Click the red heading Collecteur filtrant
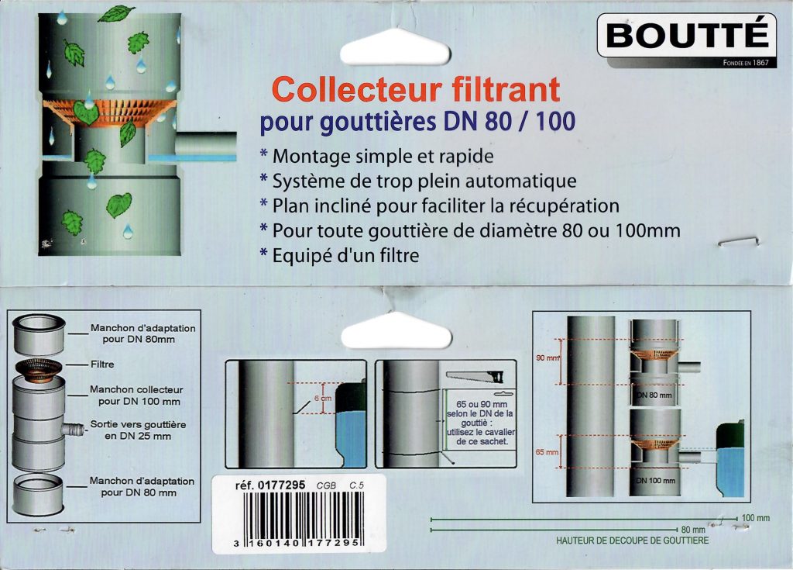pyautogui.click(x=416, y=89)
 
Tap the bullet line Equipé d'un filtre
pyautogui.click(x=339, y=255)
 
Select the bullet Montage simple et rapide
pyautogui.click(x=376, y=156)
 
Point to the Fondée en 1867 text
pyautogui.click(x=746, y=63)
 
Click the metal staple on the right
pyautogui.click(x=739, y=241)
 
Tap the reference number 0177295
pyautogui.click(x=281, y=485)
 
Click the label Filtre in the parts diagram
pyautogui.click(x=102, y=364)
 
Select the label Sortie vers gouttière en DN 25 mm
pyautogui.click(x=138, y=430)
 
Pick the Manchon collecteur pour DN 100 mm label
pyautogui.click(x=137, y=396)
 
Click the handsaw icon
pyautogui.click(x=475, y=376)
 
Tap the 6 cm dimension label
pyautogui.click(x=323, y=399)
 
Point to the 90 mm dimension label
pyautogui.click(x=548, y=358)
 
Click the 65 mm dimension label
pyautogui.click(x=548, y=452)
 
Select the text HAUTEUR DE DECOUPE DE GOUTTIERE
pyautogui.click(x=632, y=541)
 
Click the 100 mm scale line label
pyautogui.click(x=756, y=518)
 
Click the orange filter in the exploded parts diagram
pyautogui.click(x=39, y=369)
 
